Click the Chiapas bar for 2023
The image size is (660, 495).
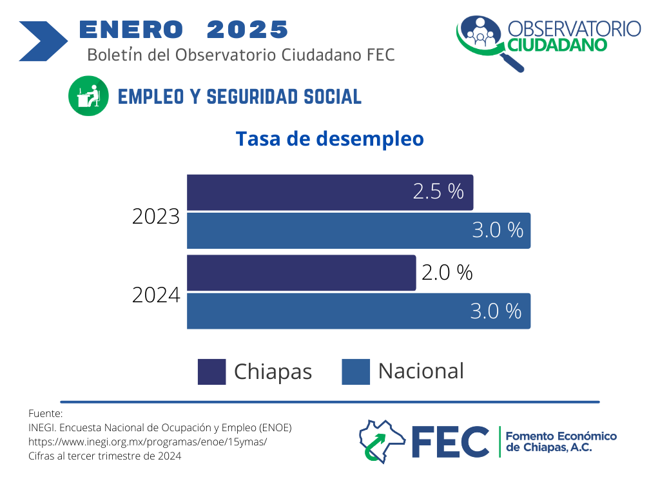point(330,192)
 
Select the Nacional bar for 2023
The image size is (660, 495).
point(358,231)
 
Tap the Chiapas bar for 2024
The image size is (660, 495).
point(302,273)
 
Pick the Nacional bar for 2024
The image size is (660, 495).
point(358,311)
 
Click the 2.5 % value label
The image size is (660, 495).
point(438,191)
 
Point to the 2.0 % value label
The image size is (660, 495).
point(447,273)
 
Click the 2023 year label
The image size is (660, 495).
point(156,217)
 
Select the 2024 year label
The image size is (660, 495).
point(156,295)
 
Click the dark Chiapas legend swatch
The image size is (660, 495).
point(211,371)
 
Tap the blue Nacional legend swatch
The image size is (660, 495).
point(356,371)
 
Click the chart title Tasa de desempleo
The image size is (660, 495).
point(329,139)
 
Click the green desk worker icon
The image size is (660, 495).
point(88,97)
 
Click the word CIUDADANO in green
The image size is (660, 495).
point(557,45)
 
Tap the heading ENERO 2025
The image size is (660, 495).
point(183,29)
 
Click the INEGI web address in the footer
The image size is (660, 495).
point(148,442)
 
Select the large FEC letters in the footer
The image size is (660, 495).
point(451,442)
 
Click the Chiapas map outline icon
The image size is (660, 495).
point(382,442)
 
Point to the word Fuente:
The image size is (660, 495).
point(45,413)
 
